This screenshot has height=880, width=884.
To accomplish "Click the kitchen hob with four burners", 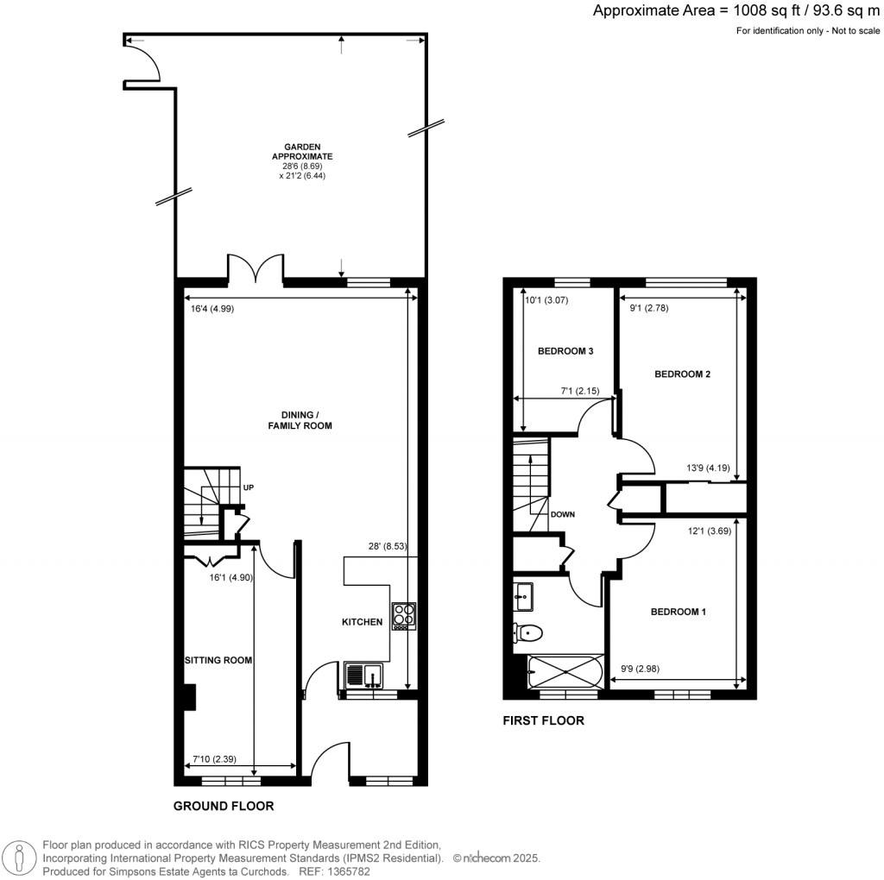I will click(x=402, y=615).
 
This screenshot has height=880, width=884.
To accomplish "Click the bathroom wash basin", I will click(x=523, y=594).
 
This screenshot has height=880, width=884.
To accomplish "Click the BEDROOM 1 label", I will click(x=678, y=613).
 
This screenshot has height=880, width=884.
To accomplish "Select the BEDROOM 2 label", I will click(x=682, y=374).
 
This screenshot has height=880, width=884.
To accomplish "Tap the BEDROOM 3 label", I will click(x=565, y=351).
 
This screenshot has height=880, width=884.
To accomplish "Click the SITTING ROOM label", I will click(x=218, y=661).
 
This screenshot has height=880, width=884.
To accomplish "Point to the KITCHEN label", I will click(x=362, y=622).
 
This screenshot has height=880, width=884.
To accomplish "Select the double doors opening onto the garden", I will click(x=256, y=269).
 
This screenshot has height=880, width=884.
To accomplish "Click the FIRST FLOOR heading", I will click(x=543, y=720).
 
